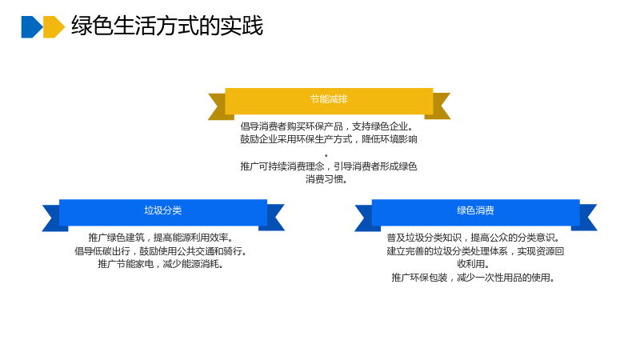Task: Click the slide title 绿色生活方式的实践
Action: [167, 26]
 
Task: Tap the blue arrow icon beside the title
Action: [32, 27]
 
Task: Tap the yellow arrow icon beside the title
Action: [54, 27]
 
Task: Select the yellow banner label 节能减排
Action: [329, 99]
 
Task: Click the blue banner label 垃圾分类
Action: [163, 210]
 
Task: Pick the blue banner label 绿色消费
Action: [475, 210]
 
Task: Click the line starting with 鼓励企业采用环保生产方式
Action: [329, 139]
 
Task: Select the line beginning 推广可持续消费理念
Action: [329, 166]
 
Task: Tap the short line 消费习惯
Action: [326, 179]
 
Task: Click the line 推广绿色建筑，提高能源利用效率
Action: [162, 238]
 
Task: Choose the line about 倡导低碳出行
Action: [162, 251]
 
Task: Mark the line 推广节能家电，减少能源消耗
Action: [162, 264]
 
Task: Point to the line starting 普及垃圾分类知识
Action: [474, 238]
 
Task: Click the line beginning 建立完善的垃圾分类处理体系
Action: [475, 251]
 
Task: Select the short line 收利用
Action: [474, 264]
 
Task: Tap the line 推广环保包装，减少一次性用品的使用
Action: [474, 278]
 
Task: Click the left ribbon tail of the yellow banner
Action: [218, 106]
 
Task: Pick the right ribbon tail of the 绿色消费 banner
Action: [586, 218]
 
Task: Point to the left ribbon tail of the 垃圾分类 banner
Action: [53, 218]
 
